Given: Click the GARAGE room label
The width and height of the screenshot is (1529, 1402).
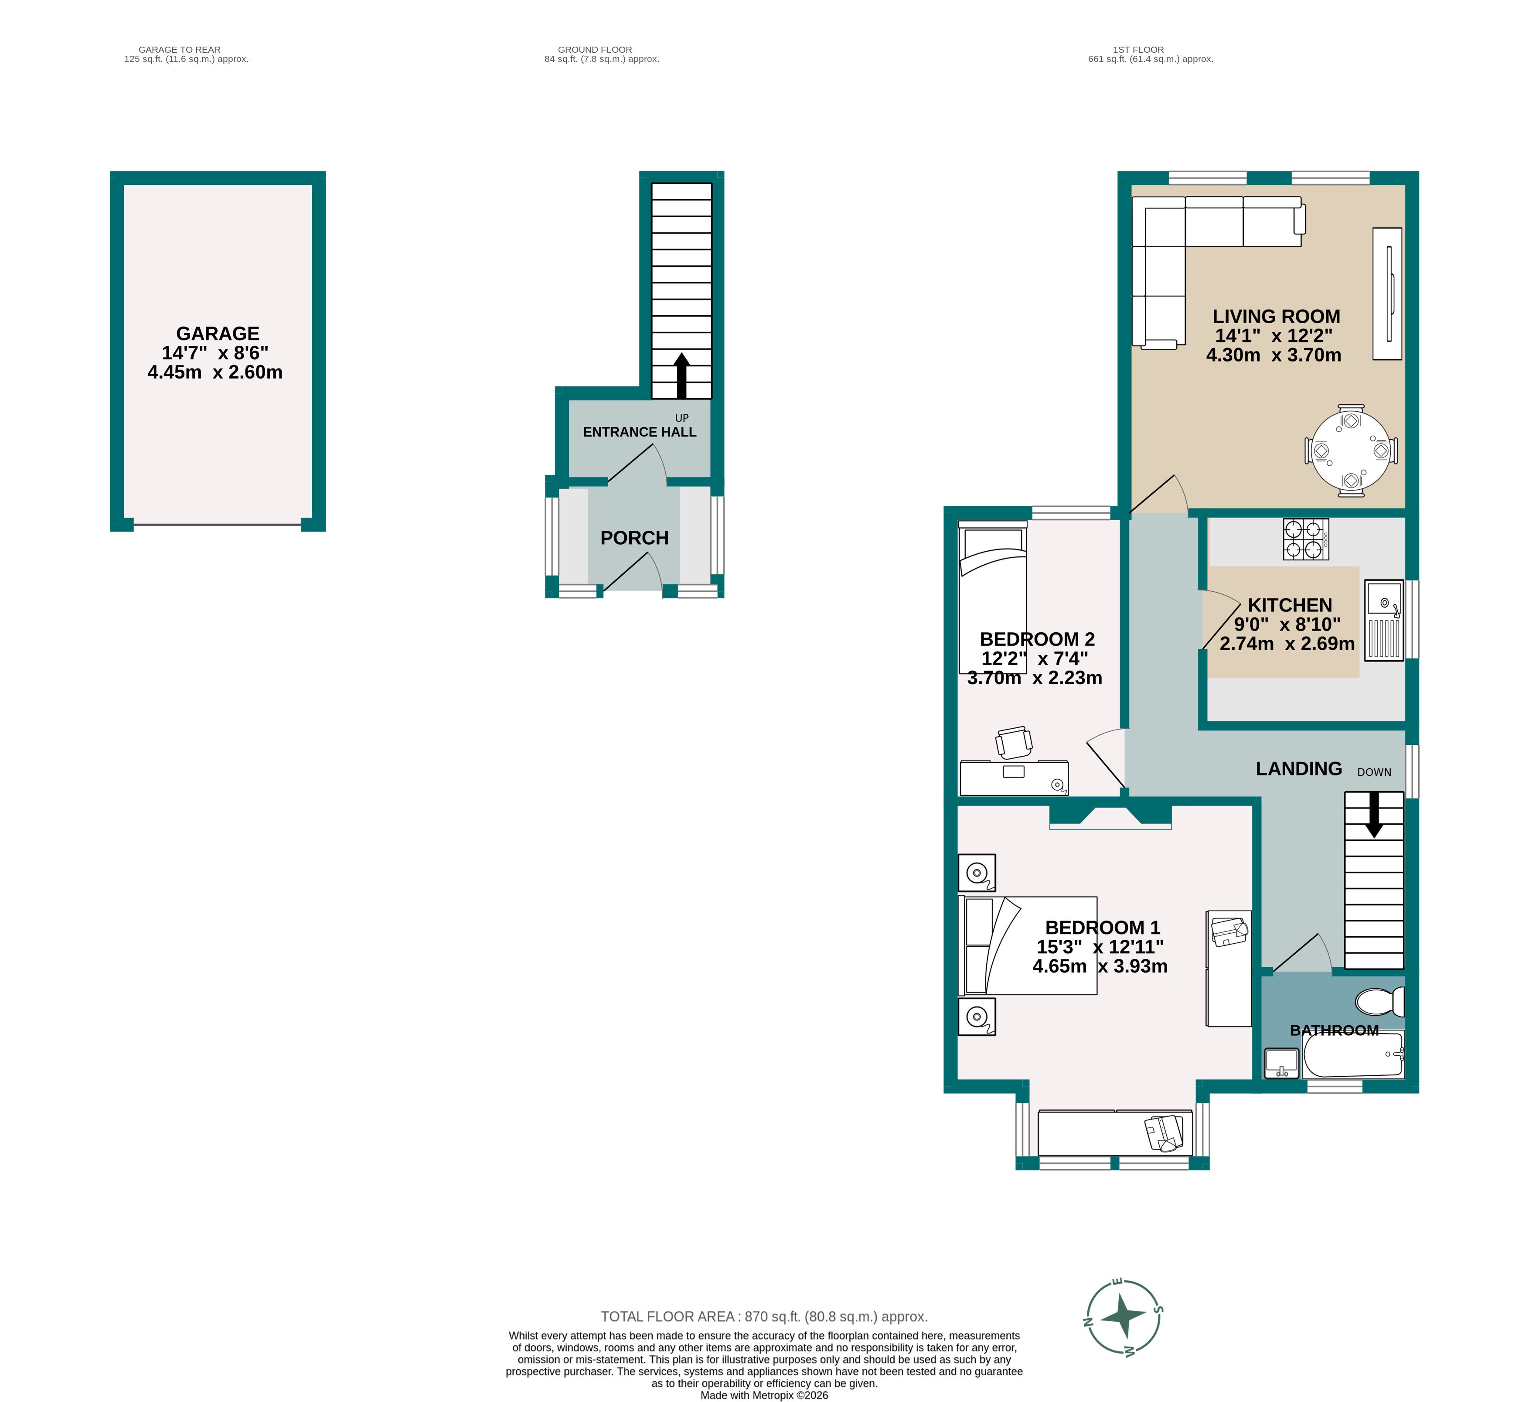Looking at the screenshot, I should click(218, 334).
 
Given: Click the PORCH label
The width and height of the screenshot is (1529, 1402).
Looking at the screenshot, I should click(634, 538).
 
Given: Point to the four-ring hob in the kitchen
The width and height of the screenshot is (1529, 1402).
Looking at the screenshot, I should click(1305, 539).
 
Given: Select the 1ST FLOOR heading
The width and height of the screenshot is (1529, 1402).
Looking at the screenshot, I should click(1137, 49).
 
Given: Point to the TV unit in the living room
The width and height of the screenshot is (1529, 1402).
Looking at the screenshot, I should click(1387, 293).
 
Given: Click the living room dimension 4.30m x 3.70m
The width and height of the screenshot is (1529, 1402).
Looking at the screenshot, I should click(1274, 355).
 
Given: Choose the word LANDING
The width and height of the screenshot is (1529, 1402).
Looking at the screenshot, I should click(1298, 768).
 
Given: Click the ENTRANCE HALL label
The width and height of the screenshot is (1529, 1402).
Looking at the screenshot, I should click(639, 432).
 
